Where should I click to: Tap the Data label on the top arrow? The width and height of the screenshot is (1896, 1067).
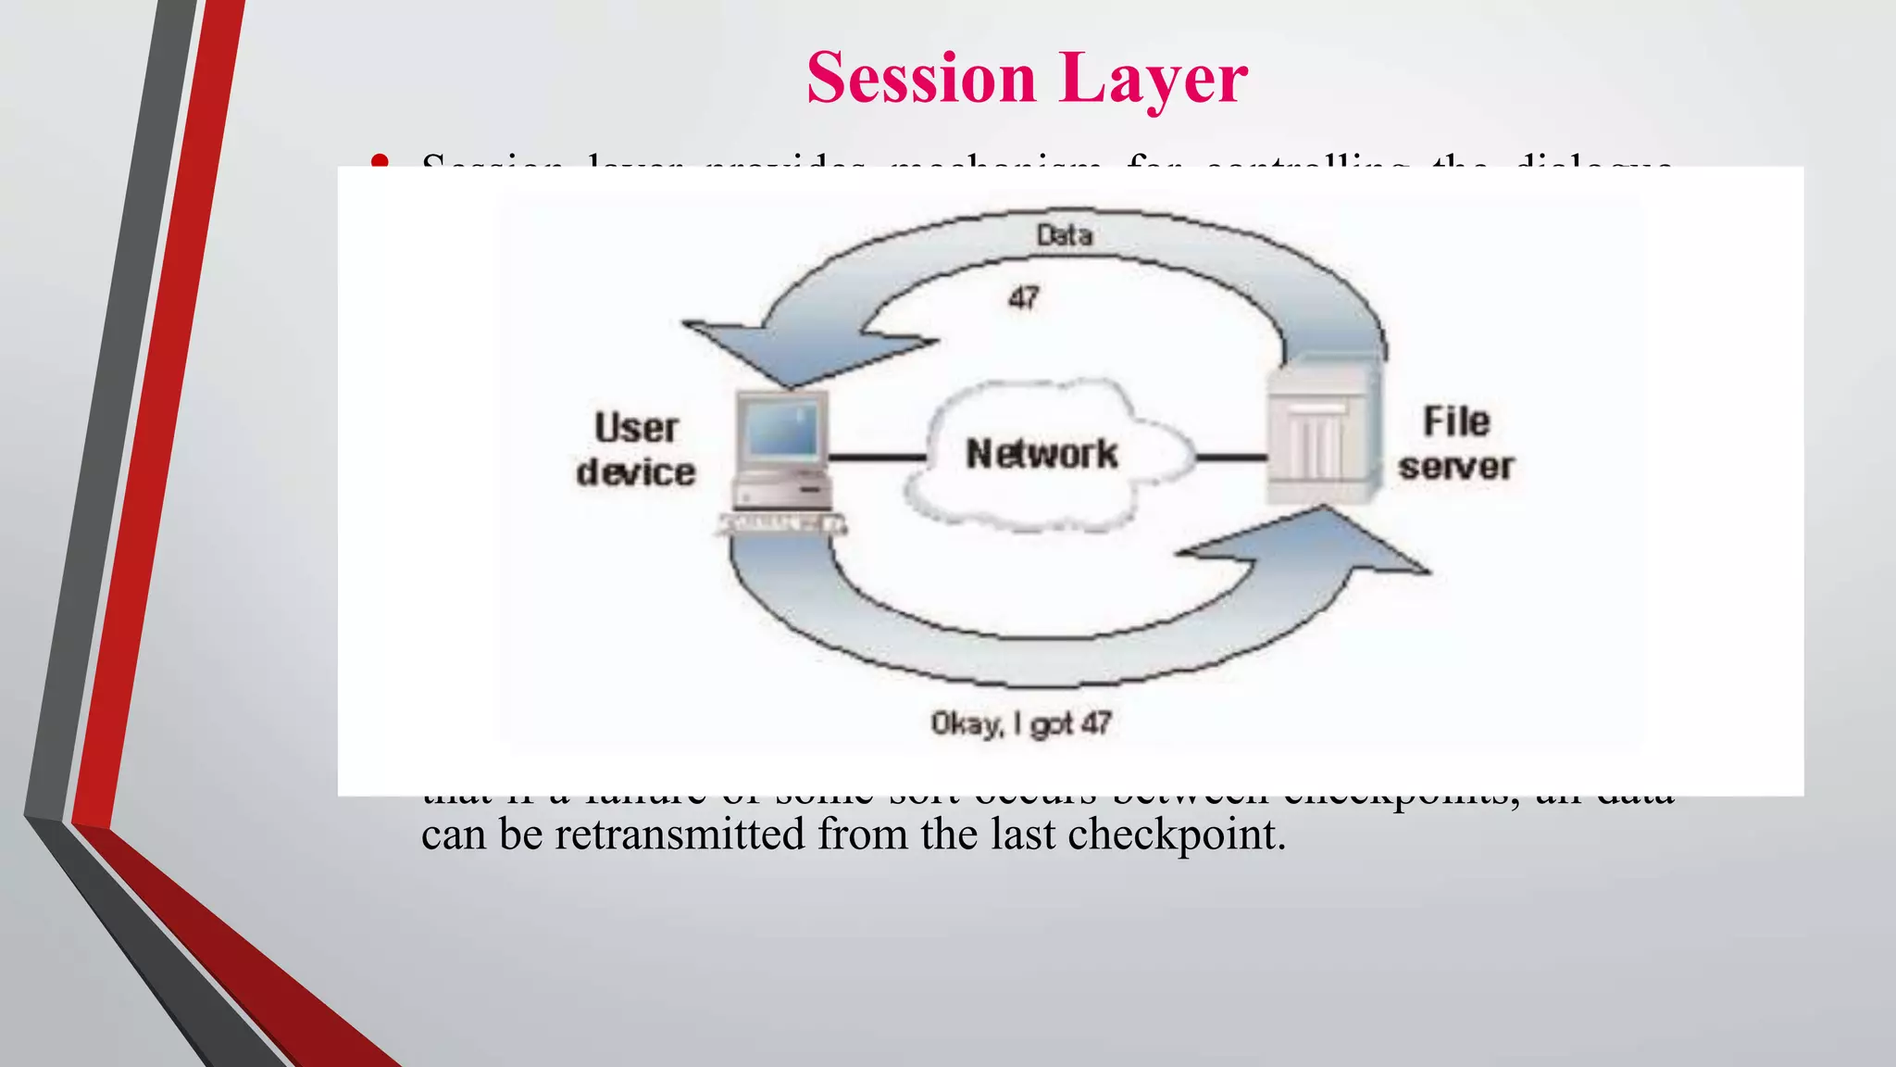1064,235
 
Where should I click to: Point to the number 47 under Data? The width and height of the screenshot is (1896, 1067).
1023,298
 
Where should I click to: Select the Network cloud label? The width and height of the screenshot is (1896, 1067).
1042,454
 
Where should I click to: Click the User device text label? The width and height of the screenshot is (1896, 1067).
636,450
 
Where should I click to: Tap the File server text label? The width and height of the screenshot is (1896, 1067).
1456,444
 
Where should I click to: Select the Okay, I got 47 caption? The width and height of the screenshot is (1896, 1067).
1020,723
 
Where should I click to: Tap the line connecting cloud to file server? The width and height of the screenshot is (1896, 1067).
1231,457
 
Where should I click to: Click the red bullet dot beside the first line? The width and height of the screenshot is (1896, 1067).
378,163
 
